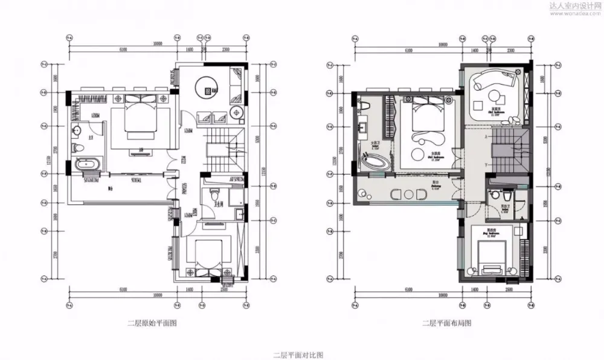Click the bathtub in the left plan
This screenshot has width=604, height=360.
point(85,163)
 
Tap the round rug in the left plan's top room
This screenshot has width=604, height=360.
point(210,91)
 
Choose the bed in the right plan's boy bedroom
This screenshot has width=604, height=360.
point(493,257)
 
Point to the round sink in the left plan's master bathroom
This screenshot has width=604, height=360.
point(77,131)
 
